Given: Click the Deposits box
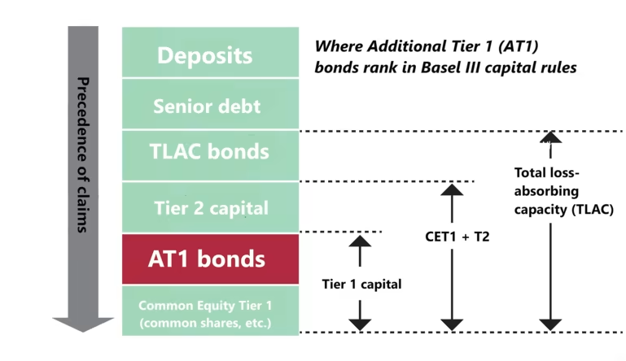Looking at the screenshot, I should [x=205, y=55].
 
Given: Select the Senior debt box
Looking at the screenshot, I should [x=206, y=107].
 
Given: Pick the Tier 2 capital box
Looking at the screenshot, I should [x=210, y=207].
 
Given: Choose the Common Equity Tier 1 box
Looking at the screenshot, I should [x=205, y=313].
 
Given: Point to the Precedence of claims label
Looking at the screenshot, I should [x=81, y=154].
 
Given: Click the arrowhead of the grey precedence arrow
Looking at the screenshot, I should [x=83, y=323].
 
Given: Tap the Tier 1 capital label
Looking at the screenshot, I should [x=361, y=284].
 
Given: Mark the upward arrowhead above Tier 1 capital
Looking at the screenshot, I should [x=359, y=241].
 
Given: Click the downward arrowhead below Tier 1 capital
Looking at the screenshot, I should [x=359, y=323].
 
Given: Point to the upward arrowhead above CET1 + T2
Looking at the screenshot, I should [x=451, y=190].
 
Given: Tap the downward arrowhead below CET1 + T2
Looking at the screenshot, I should [x=451, y=323].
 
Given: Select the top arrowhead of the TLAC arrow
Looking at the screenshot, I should [x=551, y=137].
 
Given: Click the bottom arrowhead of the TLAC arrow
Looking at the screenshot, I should [x=551, y=323].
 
